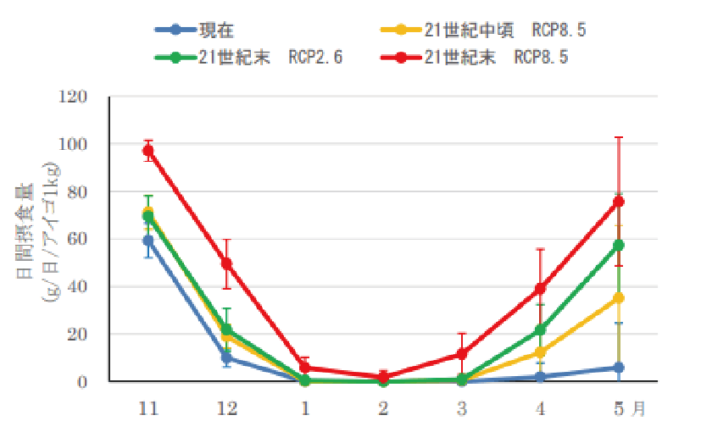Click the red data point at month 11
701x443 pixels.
(148, 151)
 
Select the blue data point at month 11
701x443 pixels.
(148, 241)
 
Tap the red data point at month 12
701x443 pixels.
(227, 263)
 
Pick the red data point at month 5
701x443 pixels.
(619, 202)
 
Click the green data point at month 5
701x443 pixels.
(619, 246)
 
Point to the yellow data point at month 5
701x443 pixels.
(619, 298)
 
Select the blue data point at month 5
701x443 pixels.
(619, 368)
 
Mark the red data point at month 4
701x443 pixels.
(540, 289)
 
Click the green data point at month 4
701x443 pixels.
(540, 329)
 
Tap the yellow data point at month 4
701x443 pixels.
(540, 352)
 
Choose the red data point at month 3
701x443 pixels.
(462, 353)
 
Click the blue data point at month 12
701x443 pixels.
(227, 358)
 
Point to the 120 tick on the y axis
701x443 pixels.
(74, 97)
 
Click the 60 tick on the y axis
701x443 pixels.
(78, 240)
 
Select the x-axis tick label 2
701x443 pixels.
(383, 408)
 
